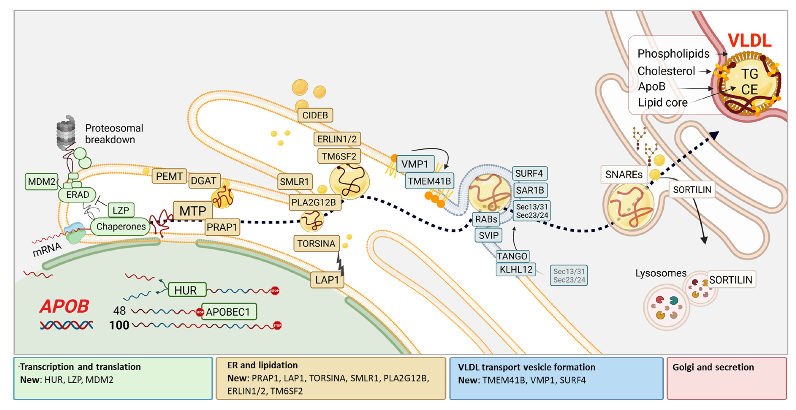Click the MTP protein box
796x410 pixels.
coord(193,211)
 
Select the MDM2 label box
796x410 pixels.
coord(41,182)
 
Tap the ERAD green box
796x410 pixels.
coord(77,195)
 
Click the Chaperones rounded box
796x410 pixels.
coord(121,227)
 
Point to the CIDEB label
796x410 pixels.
coord(315,115)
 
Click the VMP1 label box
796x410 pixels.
coord(415,164)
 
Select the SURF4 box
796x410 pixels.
coord(529,173)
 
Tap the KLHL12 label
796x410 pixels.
coord(516,269)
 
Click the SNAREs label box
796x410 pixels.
coord(624,175)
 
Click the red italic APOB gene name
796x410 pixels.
coord(64,306)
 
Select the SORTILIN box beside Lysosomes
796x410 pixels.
coord(731,280)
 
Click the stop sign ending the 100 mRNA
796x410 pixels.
coord(277,325)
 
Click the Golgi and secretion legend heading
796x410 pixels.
coord(713,367)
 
